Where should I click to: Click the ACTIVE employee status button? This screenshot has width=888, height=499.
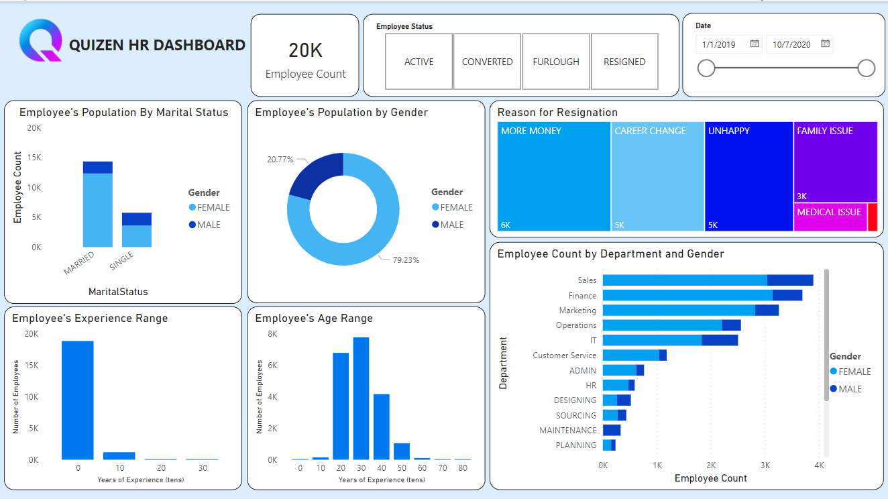419,62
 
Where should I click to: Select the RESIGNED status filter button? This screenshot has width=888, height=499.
624,62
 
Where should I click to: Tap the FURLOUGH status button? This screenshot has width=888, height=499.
556,62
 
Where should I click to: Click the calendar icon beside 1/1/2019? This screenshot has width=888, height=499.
754,44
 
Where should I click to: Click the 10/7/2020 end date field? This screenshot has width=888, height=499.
791,45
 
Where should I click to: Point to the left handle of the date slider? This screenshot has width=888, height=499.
706,68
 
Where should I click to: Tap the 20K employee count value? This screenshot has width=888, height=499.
305,50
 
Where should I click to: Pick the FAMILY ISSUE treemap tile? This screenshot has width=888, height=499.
835,162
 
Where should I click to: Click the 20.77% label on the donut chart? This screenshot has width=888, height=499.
280,160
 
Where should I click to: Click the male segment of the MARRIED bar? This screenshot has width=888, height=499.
98,167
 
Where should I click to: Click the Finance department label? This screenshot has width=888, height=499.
582,295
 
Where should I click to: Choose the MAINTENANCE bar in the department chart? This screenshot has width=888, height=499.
612,430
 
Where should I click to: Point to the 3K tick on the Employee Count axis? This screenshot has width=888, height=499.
765,465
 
